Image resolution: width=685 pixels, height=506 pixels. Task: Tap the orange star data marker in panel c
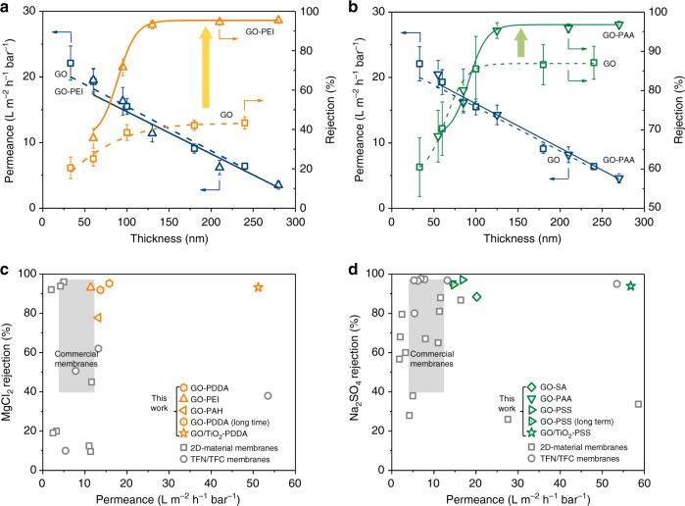pyautogui.click(x=258, y=287)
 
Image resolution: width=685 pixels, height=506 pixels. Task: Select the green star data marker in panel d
pyautogui.click(x=631, y=286)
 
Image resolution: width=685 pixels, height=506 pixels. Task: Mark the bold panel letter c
pyautogui.click(x=8, y=264)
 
